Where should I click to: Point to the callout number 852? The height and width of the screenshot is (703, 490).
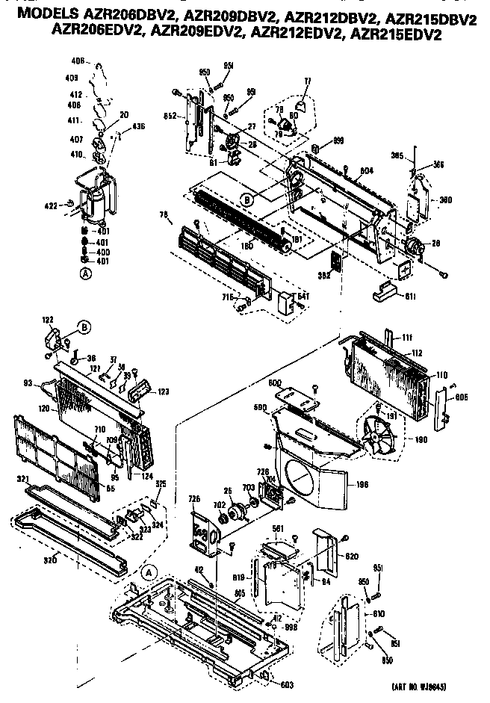click(x=171, y=116)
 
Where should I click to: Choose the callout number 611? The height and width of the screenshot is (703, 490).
click(x=411, y=297)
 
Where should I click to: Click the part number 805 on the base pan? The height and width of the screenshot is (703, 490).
click(x=240, y=592)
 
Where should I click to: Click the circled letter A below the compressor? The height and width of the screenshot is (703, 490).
click(x=85, y=274)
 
